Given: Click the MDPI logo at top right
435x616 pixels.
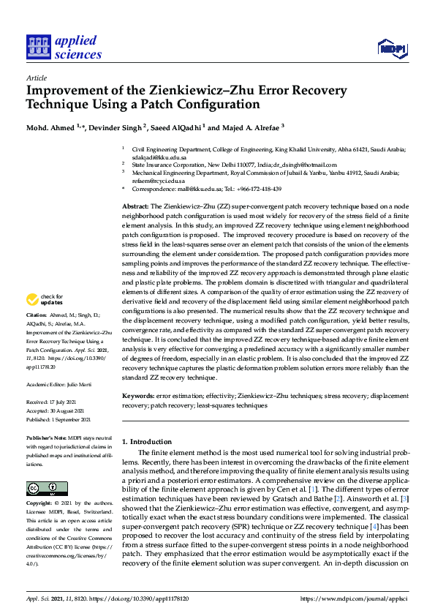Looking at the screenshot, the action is (x=391, y=49).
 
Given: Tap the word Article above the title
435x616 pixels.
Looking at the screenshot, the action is (x=36, y=77).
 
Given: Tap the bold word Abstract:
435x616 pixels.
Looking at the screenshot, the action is (x=136, y=208).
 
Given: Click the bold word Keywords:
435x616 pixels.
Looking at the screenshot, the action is (x=138, y=395).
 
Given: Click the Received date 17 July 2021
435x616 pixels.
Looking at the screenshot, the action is (x=68, y=402).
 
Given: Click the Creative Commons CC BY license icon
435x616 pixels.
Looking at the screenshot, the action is (x=42, y=489).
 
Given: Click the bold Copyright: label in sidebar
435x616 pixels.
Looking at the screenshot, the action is (x=41, y=504).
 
